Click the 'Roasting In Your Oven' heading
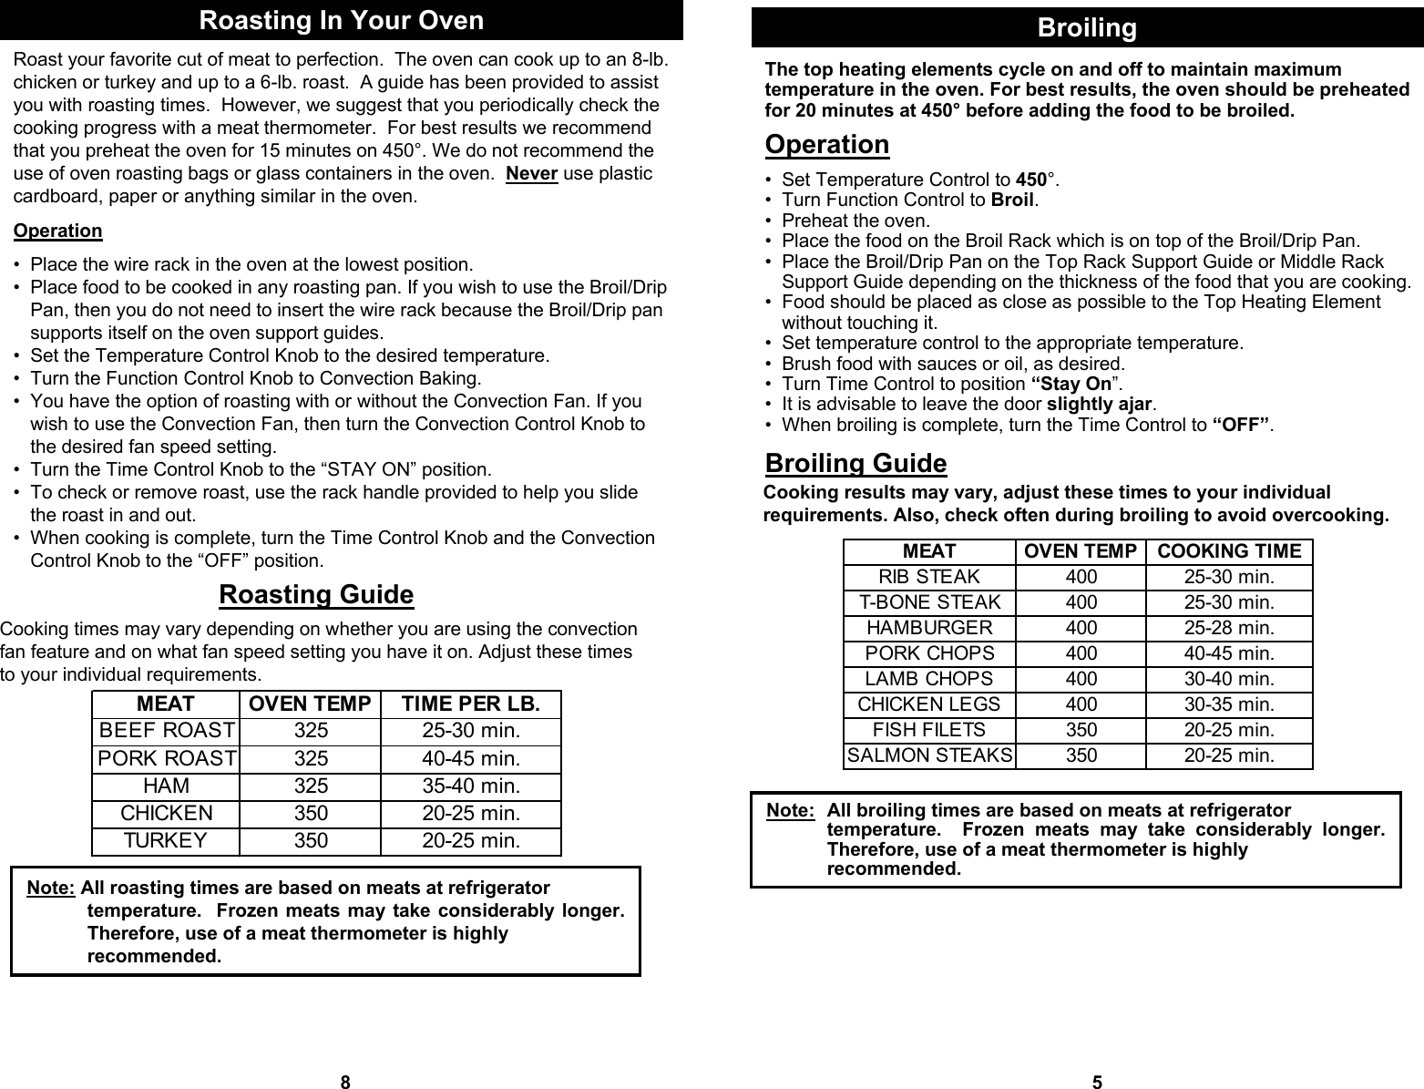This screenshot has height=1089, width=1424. [341, 20]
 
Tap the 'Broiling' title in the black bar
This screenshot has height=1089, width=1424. [1087, 28]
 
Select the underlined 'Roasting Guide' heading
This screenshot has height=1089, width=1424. [316, 595]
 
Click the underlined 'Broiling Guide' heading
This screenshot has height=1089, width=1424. [855, 464]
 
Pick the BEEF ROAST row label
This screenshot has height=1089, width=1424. [167, 731]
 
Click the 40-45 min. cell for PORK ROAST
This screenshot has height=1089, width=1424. [471, 758]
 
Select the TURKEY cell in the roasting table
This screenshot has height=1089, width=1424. [166, 840]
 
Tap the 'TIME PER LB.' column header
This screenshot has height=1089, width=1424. [470, 704]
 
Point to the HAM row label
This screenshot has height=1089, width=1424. [167, 786]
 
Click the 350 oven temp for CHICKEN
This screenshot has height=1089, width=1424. [311, 813]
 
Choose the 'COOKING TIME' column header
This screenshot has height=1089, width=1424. [1229, 551]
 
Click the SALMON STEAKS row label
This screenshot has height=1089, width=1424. [929, 755]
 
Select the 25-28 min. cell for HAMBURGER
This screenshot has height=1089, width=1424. [1229, 628]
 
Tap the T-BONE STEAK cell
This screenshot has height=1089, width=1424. [929, 602]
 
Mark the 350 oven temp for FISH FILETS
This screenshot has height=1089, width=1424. [1081, 730]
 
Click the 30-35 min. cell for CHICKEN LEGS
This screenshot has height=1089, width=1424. [1229, 704]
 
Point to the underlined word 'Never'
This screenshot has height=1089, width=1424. [531, 174]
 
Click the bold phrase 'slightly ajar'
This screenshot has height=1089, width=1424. [1100, 404]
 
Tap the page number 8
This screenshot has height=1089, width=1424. [344, 1083]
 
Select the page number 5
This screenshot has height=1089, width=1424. [1097, 1083]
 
